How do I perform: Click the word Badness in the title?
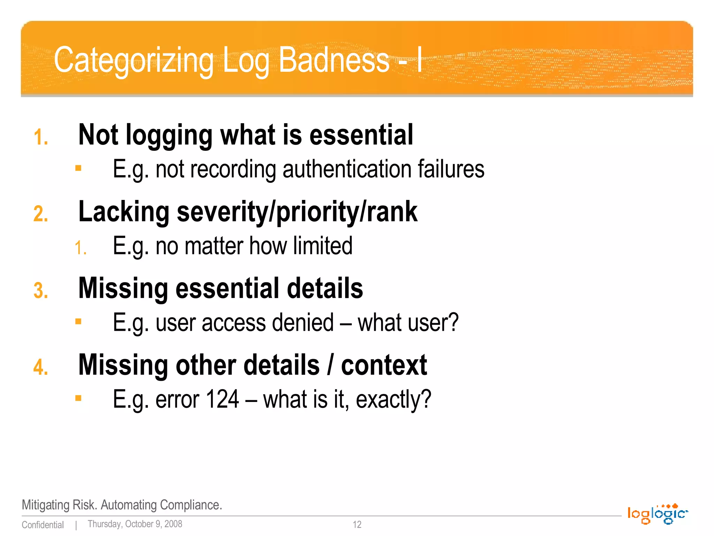point(334,60)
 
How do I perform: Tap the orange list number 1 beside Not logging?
point(41,137)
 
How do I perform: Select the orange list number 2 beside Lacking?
point(41,214)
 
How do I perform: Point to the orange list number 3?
point(41,290)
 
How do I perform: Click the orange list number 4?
point(41,367)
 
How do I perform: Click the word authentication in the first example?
point(347,169)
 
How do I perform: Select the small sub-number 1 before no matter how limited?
point(81,248)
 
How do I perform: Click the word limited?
point(322,246)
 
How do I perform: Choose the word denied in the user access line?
point(303,322)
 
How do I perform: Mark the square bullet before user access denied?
point(78,321)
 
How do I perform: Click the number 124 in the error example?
point(222,399)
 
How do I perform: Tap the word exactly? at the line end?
point(393,400)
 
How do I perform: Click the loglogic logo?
point(657,514)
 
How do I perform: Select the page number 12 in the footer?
point(357,524)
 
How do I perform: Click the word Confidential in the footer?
point(43,525)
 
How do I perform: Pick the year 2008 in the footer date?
point(173,524)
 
